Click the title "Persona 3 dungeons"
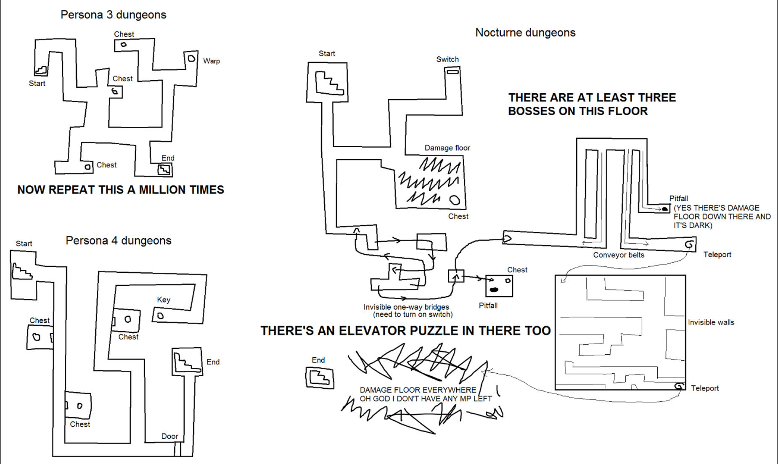(x=113, y=15)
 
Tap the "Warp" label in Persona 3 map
(x=211, y=61)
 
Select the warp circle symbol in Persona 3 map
(x=191, y=58)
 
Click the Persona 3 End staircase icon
(x=164, y=169)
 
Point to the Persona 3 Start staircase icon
(x=41, y=70)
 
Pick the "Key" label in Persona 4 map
(x=164, y=300)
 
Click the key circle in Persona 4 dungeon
(x=160, y=316)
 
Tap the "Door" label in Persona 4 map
(x=169, y=436)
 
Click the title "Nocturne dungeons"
(x=525, y=33)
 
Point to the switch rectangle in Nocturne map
(x=453, y=72)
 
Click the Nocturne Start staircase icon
(x=329, y=83)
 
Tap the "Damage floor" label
(x=447, y=148)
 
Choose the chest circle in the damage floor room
(x=455, y=200)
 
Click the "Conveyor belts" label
(x=618, y=255)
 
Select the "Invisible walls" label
(x=711, y=322)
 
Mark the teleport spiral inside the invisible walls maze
(x=679, y=386)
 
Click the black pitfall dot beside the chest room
(x=494, y=290)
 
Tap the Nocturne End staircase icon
(x=319, y=377)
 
